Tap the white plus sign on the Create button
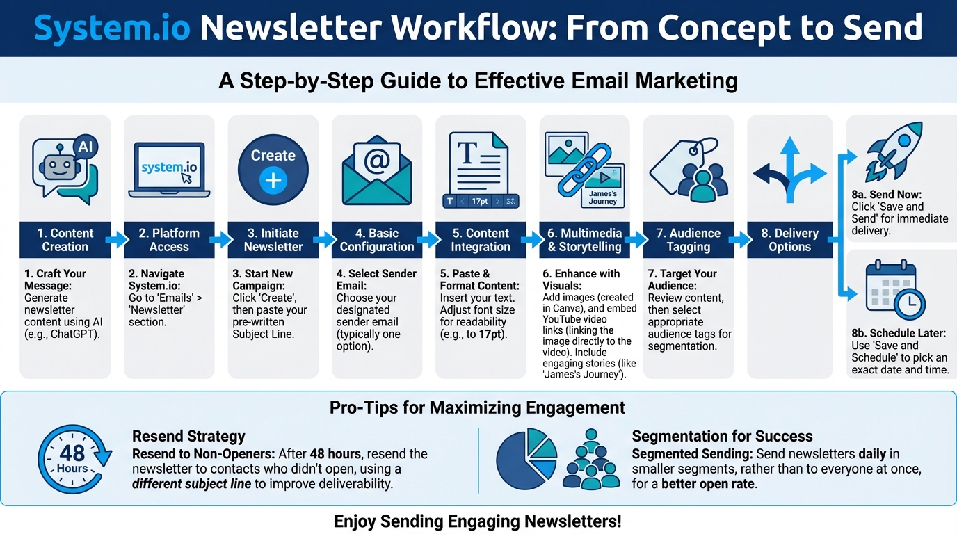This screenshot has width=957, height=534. point(273,180)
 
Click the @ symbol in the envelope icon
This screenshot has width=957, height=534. point(377,161)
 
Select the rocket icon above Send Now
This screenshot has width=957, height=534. point(893,152)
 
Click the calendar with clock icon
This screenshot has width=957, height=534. point(894,289)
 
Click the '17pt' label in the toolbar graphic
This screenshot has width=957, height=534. point(479,201)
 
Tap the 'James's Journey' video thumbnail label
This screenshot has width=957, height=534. point(602,197)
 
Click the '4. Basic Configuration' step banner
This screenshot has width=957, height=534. point(377,240)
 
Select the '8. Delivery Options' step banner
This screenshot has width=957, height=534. point(789,240)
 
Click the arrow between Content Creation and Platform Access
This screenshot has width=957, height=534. point(117,240)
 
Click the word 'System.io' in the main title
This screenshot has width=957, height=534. point(112,27)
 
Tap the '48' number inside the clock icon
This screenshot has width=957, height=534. point(72,453)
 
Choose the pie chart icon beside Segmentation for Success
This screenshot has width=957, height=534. point(526,459)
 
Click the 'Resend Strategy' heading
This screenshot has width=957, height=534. point(188,436)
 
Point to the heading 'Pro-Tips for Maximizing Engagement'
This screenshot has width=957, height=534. point(477,407)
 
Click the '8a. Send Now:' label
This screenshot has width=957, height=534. point(886,195)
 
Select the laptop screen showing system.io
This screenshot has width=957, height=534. point(169,168)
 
